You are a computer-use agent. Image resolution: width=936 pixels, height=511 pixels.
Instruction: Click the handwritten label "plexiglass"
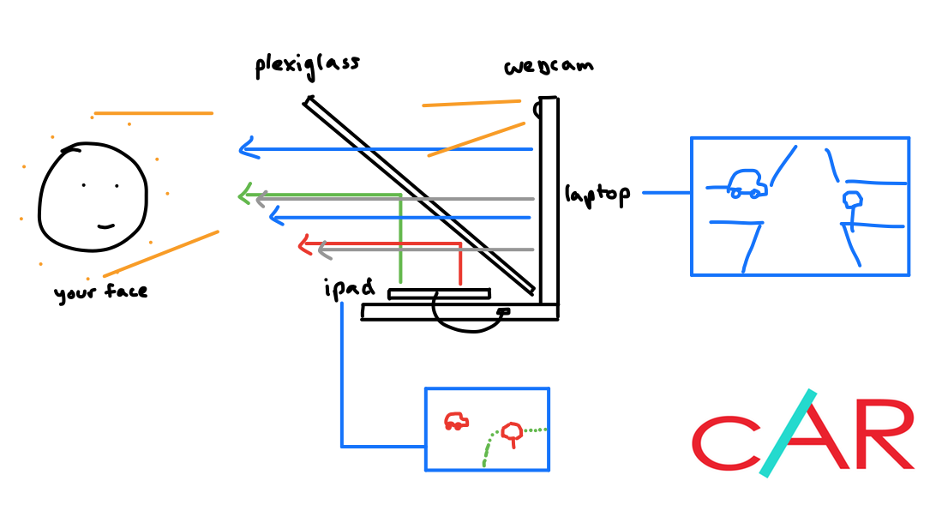click(307, 66)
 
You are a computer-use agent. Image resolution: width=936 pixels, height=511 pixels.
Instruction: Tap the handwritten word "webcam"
click(549, 67)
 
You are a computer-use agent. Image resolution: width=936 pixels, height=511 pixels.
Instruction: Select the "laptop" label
click(597, 195)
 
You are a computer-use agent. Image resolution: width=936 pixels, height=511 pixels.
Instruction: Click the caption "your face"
click(100, 293)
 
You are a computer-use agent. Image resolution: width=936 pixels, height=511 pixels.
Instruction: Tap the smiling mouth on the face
click(106, 226)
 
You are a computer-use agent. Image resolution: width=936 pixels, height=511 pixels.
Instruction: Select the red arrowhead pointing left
click(304, 245)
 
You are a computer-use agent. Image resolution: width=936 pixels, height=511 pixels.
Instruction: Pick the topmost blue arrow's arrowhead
click(248, 150)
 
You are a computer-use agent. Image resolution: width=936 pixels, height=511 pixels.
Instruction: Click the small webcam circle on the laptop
click(538, 110)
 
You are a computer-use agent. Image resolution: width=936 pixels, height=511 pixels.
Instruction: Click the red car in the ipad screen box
click(456, 420)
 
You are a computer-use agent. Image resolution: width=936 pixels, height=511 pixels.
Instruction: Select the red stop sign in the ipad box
click(512, 430)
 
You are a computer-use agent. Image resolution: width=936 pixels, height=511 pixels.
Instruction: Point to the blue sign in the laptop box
click(852, 201)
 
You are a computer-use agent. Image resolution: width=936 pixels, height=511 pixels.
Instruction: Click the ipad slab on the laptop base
click(439, 294)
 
